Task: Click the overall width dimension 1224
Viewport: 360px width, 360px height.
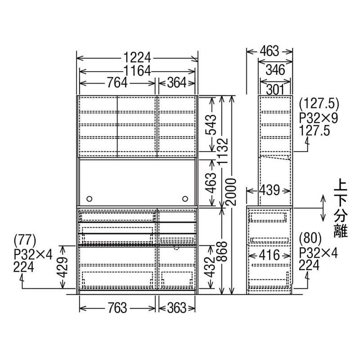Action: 137,58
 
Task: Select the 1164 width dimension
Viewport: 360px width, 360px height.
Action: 137,70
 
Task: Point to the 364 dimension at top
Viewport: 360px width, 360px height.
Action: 177,82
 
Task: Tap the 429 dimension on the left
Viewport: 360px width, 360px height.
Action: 65,267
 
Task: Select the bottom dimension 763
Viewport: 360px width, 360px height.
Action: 117,308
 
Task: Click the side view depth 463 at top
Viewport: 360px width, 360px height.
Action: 269,51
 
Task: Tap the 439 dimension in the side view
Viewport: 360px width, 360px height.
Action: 269,189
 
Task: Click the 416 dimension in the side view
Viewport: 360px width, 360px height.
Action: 269,255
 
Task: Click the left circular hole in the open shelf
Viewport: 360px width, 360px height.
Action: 89,198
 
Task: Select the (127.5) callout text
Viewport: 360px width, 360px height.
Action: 318,104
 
